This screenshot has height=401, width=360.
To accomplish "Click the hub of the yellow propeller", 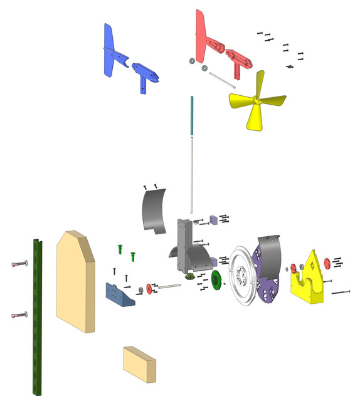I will tap(256, 100).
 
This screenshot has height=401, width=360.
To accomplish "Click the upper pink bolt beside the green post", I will tap(19, 264).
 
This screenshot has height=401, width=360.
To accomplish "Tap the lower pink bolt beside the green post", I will tap(19, 314).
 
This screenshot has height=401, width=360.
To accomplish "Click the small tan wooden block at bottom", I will tap(139, 363).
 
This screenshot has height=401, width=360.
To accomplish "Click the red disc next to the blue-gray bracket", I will tap(149, 288).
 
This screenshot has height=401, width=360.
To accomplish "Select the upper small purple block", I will tap(213, 219).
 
